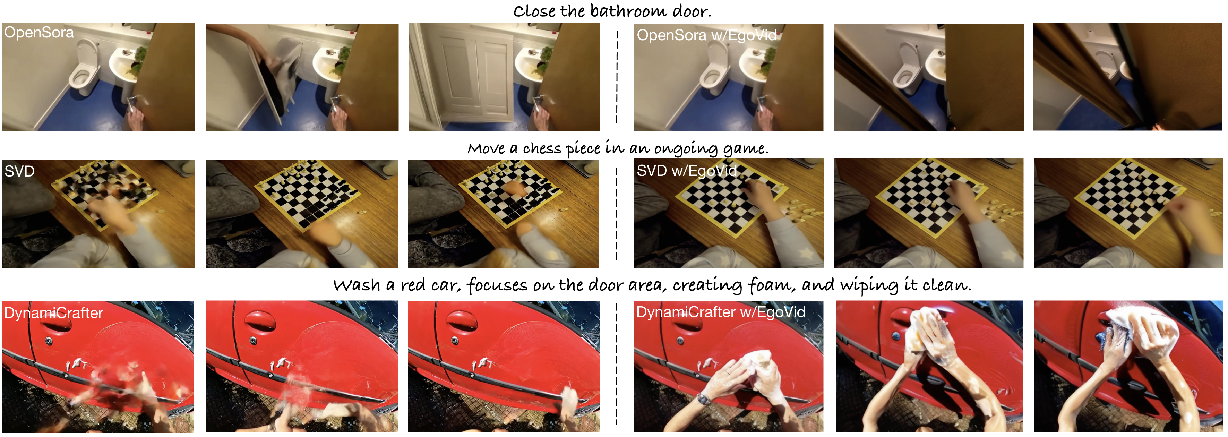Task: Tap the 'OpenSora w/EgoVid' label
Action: coord(706,35)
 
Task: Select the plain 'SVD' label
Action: coord(19,171)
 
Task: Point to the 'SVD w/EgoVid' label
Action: coord(686,171)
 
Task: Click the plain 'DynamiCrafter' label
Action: coord(53,313)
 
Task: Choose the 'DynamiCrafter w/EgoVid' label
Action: coord(721,312)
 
